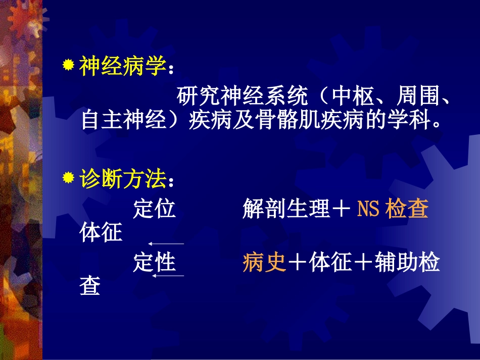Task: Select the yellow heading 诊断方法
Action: point(122,179)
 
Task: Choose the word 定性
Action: point(154,263)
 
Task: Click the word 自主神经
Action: point(124,122)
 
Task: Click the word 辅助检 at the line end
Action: point(407,263)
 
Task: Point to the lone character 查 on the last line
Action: point(90,286)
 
